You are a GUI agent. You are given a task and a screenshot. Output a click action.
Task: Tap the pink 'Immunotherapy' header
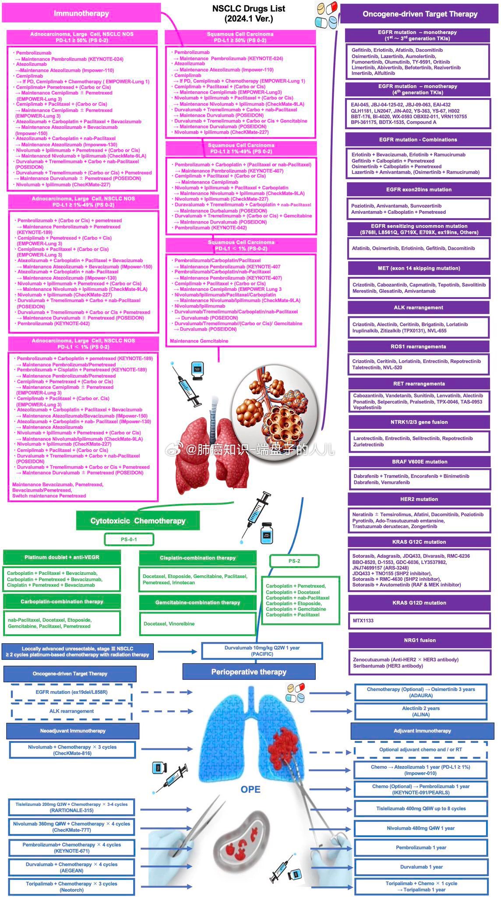click(x=81, y=14)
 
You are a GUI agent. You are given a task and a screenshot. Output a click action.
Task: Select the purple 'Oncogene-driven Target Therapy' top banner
click(x=420, y=14)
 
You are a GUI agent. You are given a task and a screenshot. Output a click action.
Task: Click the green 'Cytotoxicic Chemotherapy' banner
click(x=138, y=521)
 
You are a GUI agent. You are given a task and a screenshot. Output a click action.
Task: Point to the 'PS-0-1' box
click(x=129, y=539)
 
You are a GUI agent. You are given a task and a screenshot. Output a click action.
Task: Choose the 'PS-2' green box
click(x=294, y=561)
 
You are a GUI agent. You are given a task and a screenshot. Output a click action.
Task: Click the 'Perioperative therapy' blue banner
click(x=248, y=672)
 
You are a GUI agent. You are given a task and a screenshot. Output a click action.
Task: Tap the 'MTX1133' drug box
click(x=419, y=620)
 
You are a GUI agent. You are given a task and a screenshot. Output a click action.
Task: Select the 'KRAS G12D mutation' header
click(x=419, y=603)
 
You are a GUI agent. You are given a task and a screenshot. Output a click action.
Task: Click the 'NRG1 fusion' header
click(x=420, y=640)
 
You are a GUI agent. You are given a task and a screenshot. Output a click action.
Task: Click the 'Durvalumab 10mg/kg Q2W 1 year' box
click(x=262, y=651)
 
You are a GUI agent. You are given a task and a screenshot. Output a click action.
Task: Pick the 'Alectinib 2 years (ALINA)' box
click(x=420, y=711)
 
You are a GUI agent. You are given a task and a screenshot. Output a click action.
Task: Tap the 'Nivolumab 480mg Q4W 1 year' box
click(x=420, y=828)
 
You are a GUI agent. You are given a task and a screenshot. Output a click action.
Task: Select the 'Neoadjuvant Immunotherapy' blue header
click(x=73, y=730)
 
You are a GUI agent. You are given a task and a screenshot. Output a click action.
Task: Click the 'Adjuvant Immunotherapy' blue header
click(x=422, y=730)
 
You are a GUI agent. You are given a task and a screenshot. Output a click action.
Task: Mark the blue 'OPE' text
click(x=250, y=789)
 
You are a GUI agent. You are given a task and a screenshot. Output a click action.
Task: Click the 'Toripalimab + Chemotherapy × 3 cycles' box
click(x=71, y=886)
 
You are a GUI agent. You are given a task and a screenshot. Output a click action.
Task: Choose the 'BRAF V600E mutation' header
click(x=420, y=461)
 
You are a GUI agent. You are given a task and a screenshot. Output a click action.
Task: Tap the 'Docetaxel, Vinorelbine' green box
click(x=198, y=624)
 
